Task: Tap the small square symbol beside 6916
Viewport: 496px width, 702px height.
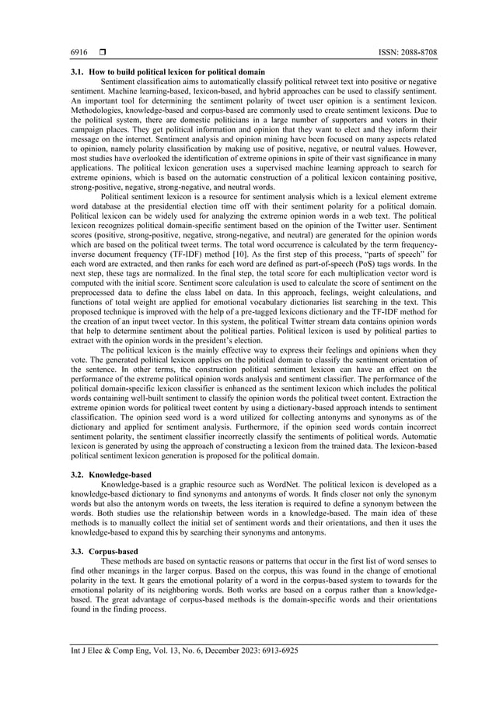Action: [101, 52]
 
